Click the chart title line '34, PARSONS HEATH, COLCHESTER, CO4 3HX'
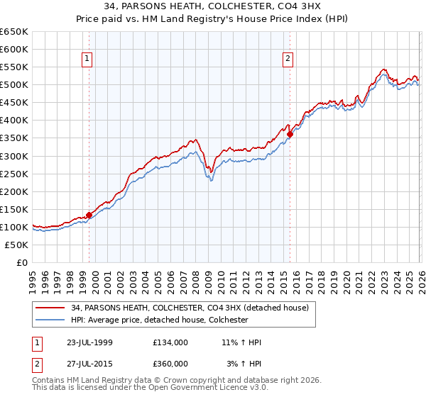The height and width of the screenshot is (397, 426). [213, 8]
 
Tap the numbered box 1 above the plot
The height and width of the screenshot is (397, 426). [87, 60]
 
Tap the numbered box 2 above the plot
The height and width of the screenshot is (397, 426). [288, 60]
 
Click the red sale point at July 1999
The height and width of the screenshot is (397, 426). [89, 215]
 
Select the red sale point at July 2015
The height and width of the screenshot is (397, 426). [290, 134]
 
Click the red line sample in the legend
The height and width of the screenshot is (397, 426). [50, 308]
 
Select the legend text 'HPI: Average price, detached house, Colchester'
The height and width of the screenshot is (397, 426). [159, 320]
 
